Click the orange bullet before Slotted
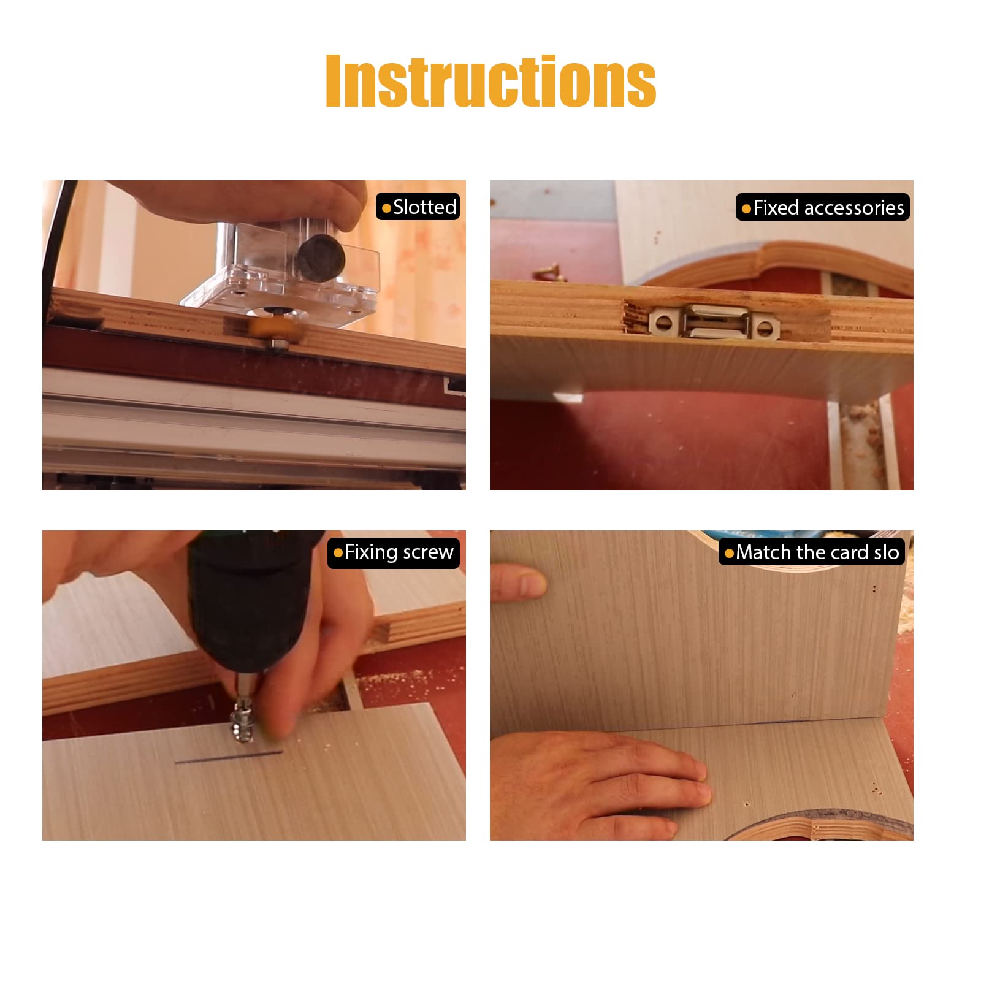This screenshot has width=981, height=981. click(386, 208)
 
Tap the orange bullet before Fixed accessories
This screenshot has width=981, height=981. click(746, 208)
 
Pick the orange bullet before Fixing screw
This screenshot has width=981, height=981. click(338, 553)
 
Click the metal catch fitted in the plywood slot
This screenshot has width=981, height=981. click(715, 322)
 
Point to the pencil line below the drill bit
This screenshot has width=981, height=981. click(229, 757)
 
